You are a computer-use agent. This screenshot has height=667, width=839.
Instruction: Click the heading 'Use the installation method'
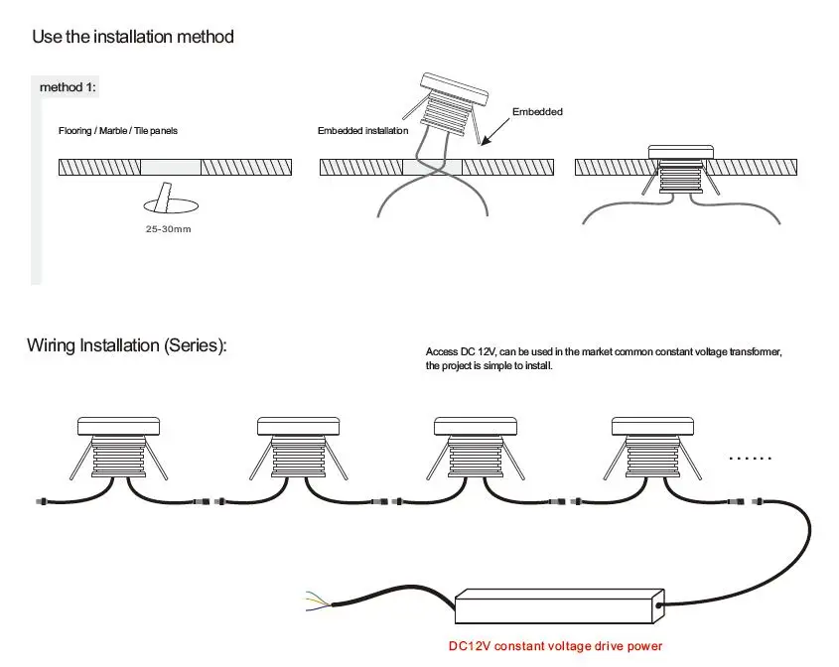133,37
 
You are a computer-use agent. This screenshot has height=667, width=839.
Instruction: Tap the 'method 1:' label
68,87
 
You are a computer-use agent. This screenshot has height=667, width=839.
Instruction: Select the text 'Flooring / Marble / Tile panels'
117,131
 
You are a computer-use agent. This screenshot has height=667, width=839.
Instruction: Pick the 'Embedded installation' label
362,131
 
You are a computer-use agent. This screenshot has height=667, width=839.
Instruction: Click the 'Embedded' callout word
537,112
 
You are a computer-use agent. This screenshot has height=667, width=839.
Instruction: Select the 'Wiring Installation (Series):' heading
127,345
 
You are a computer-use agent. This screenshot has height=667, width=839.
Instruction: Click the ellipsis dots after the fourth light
750,458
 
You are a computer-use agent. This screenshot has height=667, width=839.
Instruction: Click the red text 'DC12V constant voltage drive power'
555,646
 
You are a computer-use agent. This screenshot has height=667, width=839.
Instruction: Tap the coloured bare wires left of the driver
315,599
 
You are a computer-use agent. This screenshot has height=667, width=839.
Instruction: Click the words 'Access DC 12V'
459,352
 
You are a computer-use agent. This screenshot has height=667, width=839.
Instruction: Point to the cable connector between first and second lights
209,502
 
